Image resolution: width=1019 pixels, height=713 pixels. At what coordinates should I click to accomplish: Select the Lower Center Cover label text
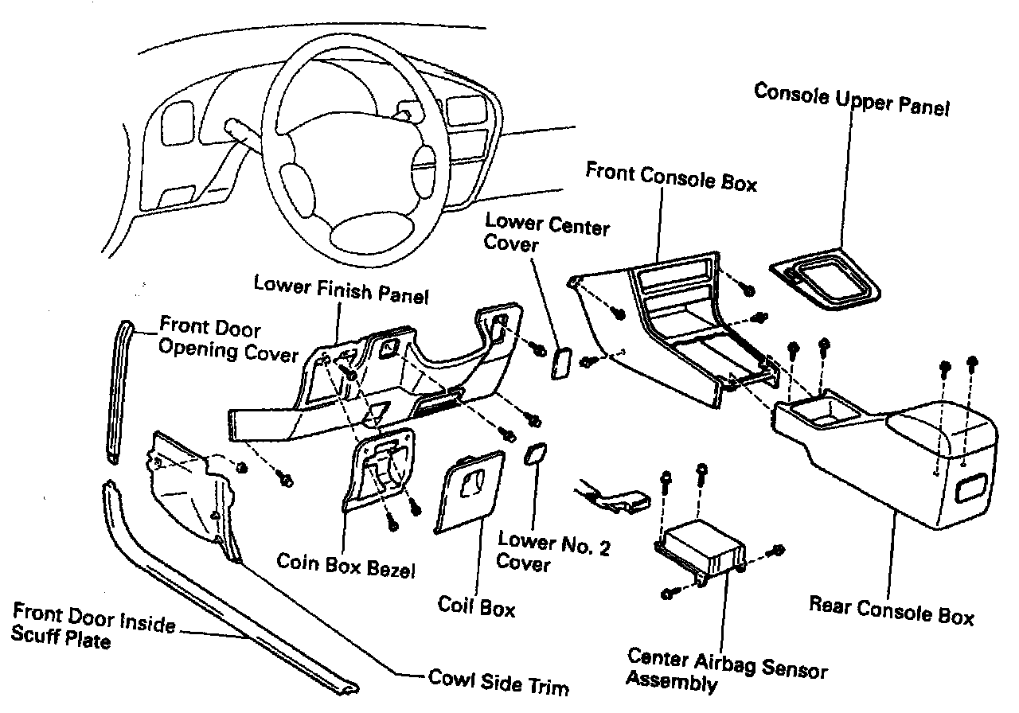click(x=546, y=233)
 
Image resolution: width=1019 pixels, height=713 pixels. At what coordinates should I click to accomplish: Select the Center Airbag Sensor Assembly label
click(x=725, y=668)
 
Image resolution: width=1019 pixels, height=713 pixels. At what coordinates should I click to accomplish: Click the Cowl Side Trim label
click(x=498, y=681)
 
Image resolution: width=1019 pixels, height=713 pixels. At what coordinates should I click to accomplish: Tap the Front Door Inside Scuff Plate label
click(x=93, y=626)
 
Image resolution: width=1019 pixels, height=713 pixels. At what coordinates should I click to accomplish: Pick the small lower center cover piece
click(x=560, y=361)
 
